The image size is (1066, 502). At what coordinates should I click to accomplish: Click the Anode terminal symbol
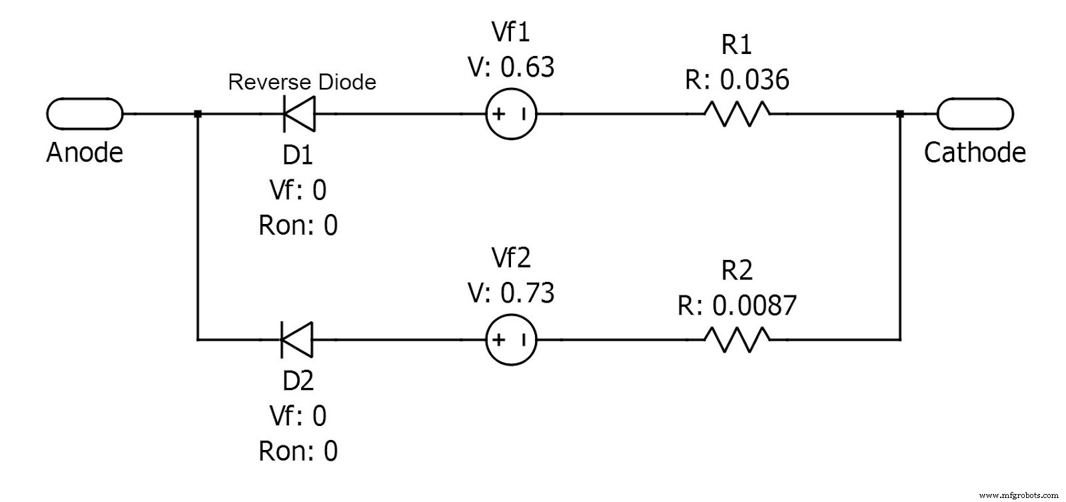pyautogui.click(x=85, y=114)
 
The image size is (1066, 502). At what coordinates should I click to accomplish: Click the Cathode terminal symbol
pyautogui.click(x=975, y=114)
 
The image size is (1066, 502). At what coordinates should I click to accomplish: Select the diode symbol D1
pyautogui.click(x=299, y=114)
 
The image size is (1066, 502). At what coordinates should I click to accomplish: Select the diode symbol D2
pyautogui.click(x=297, y=339)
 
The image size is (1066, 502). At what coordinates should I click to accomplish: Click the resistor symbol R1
pyautogui.click(x=737, y=114)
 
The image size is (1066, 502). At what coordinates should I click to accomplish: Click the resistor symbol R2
pyautogui.click(x=737, y=339)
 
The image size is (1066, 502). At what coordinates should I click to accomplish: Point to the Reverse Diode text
pyautogui.click(x=302, y=82)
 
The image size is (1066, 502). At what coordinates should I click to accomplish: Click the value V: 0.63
pyautogui.click(x=511, y=67)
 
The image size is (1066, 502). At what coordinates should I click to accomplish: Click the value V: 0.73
pyautogui.click(x=511, y=293)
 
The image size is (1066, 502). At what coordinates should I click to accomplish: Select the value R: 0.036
pyautogui.click(x=737, y=80)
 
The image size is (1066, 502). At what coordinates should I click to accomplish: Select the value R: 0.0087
pyautogui.click(x=737, y=305)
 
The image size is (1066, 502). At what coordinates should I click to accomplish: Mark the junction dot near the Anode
pyautogui.click(x=197, y=114)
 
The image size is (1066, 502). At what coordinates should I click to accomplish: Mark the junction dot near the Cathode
pyautogui.click(x=899, y=114)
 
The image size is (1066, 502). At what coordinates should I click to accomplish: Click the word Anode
pyautogui.click(x=85, y=153)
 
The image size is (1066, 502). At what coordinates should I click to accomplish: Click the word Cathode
pyautogui.click(x=975, y=153)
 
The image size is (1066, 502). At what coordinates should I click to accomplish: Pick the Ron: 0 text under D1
pyautogui.click(x=298, y=225)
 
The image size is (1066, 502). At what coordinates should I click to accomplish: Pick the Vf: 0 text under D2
pyautogui.click(x=298, y=416)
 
